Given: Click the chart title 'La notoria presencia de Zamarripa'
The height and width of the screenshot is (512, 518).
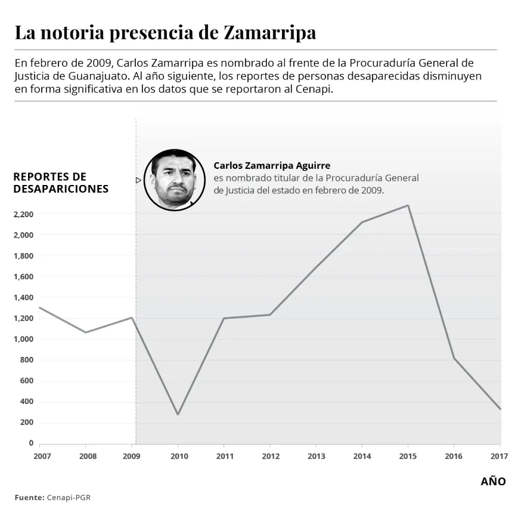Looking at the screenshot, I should [x=165, y=32].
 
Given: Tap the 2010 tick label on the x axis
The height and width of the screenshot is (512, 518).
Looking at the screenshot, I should [x=179, y=457].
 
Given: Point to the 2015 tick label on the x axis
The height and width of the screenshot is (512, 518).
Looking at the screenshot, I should [x=408, y=457].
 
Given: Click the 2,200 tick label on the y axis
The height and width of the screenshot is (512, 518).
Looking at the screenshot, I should [x=23, y=214].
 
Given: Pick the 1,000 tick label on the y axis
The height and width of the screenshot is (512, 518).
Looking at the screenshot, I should [x=23, y=339].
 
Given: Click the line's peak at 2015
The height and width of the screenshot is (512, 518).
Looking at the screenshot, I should [x=408, y=205].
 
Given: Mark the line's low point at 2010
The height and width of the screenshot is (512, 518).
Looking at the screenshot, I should [x=178, y=414].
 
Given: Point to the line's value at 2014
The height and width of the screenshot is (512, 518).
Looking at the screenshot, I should [x=362, y=222].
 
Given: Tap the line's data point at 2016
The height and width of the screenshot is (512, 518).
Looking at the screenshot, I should [x=454, y=358].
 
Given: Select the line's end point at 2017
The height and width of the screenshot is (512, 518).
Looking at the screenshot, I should [x=500, y=409].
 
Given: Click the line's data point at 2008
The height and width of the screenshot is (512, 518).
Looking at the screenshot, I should [x=86, y=332].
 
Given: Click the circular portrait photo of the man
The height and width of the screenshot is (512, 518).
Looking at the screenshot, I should [x=174, y=180].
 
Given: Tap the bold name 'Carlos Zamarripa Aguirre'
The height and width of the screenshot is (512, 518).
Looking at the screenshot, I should [x=271, y=165].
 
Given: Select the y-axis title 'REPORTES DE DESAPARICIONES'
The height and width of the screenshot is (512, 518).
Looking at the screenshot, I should [x=61, y=183].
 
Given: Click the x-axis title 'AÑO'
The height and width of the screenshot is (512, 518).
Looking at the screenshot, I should [x=493, y=482].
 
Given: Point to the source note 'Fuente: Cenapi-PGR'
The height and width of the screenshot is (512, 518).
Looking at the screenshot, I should [x=53, y=497].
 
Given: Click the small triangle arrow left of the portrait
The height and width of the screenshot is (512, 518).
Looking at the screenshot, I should [x=138, y=180].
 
